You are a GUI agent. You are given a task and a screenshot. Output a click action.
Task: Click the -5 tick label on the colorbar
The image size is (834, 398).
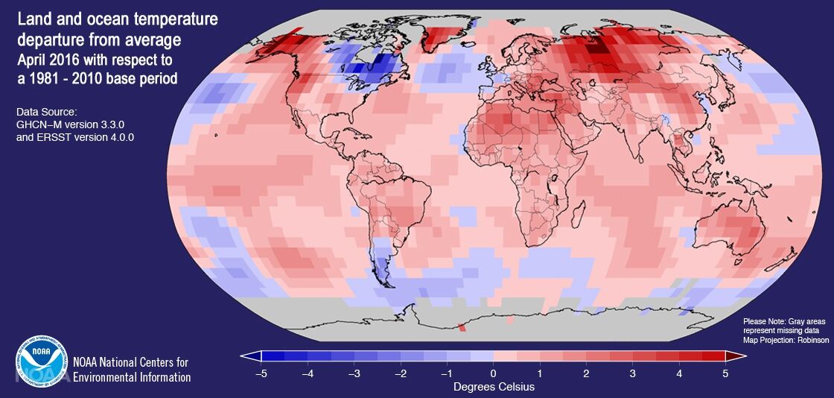(x=261, y=373)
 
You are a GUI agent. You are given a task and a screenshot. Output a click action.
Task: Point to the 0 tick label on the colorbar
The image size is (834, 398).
(x=493, y=373)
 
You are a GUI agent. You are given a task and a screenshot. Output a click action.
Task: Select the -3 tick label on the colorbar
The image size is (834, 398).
(x=354, y=373)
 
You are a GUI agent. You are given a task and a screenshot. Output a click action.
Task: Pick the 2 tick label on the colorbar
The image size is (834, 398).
(x=586, y=373)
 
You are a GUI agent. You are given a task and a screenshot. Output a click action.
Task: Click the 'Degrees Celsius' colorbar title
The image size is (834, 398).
(x=493, y=387)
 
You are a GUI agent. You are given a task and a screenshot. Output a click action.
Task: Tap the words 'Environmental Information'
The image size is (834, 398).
(x=132, y=377)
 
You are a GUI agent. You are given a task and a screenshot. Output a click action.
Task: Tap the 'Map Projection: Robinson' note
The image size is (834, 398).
(x=785, y=340)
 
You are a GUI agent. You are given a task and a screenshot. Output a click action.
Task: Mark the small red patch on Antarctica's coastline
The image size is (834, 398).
(x=462, y=326)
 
